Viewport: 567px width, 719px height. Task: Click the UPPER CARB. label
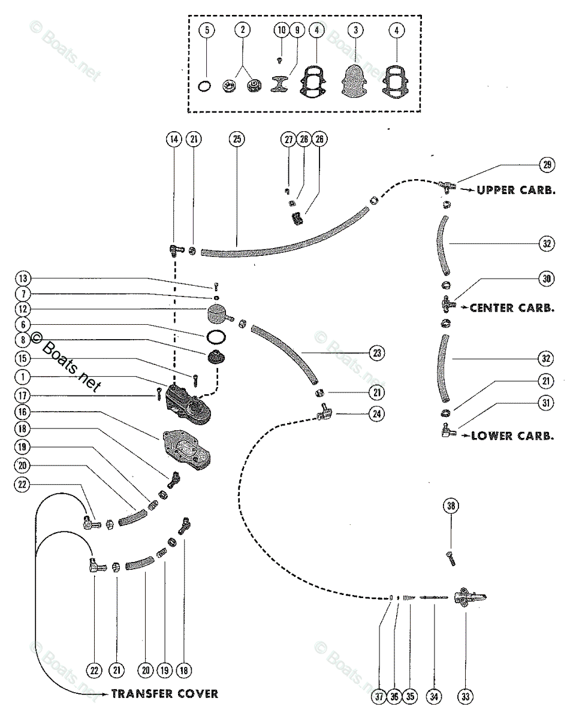point(515,191)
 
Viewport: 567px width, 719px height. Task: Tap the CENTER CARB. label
point(509,308)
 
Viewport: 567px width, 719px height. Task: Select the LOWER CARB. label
point(512,436)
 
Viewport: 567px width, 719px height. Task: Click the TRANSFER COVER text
point(164,694)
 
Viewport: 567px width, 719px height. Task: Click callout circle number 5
point(206,30)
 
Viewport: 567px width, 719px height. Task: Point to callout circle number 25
point(236,139)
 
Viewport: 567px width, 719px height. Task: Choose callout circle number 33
point(466,696)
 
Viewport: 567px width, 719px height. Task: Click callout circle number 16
point(22,413)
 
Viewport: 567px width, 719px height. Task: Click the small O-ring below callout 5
point(205,87)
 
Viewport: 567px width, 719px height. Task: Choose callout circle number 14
point(174,139)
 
